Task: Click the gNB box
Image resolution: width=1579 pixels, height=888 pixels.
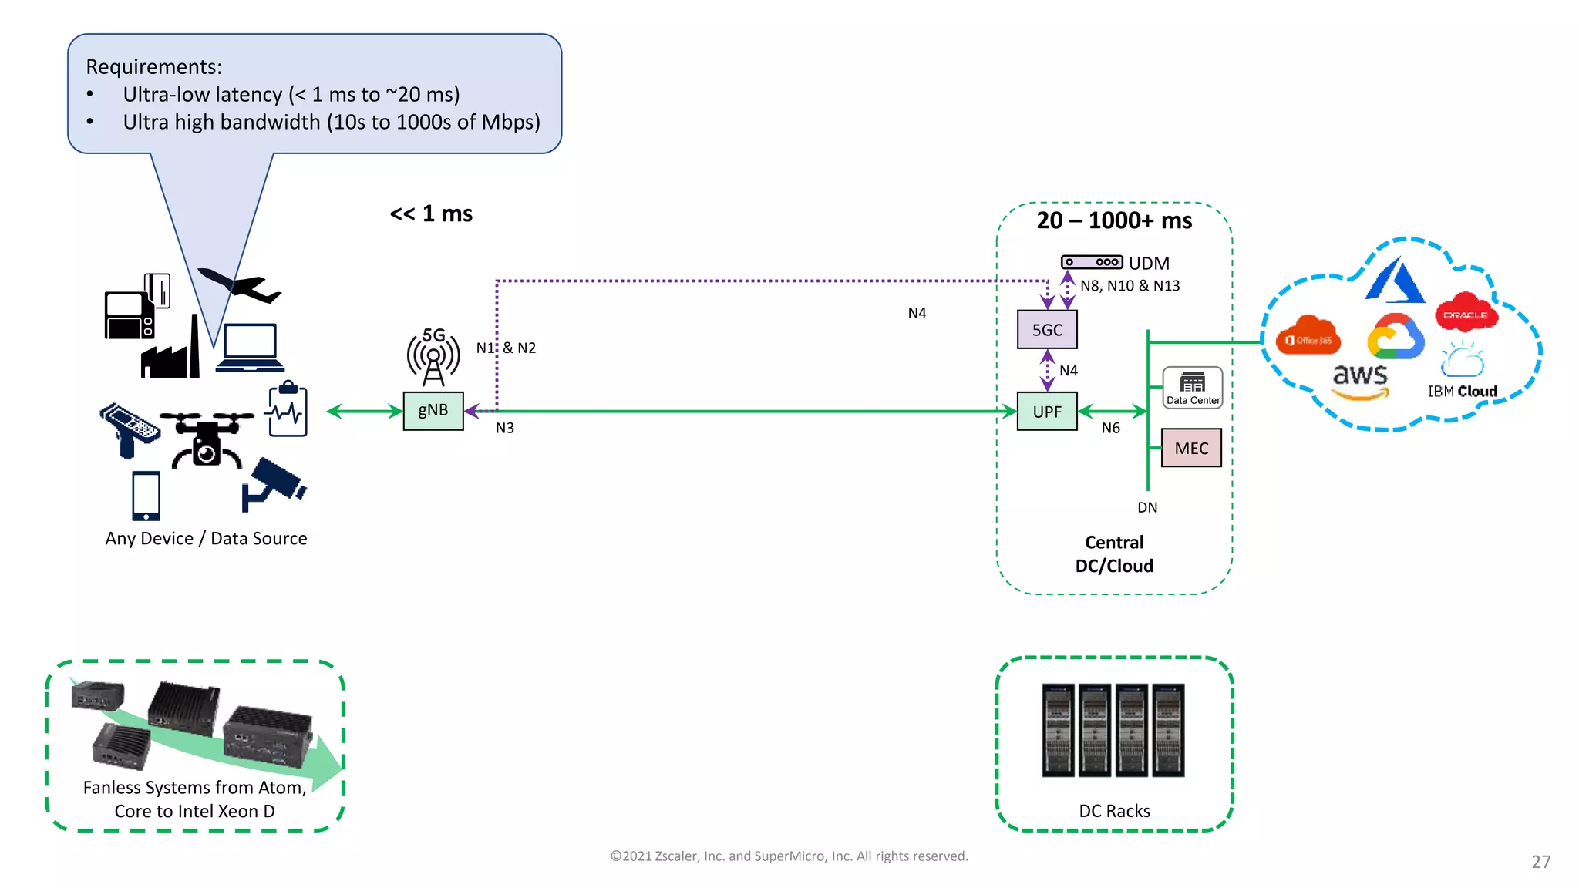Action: pos(433,411)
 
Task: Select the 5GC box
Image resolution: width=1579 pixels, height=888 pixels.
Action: pos(1047,330)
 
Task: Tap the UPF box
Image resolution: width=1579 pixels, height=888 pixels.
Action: pos(1047,412)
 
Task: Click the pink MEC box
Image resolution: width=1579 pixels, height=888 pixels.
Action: pos(1191,448)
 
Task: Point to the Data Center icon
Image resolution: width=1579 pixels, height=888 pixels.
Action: pos(1193,387)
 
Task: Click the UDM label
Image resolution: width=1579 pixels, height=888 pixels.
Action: pos(1149,264)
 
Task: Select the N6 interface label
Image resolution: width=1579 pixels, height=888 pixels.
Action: pos(1110,428)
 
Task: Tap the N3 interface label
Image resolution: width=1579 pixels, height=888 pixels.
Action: pos(504,428)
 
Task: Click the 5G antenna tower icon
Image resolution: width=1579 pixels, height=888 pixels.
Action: pos(433,357)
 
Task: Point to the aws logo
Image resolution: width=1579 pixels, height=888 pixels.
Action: pos(1360,379)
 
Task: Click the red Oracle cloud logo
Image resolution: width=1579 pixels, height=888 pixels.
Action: pos(1466,313)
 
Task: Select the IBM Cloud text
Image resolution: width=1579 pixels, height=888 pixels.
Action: pos(1462,392)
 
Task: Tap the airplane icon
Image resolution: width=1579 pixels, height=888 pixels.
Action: pos(240,286)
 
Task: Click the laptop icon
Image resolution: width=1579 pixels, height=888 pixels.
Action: pos(250,348)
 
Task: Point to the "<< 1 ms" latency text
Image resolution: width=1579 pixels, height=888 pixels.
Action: pos(431,214)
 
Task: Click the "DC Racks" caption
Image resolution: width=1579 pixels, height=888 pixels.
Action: pos(1114,811)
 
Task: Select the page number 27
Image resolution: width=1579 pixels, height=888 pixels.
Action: pos(1540,862)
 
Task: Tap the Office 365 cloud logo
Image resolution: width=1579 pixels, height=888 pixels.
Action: pos(1308,336)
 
